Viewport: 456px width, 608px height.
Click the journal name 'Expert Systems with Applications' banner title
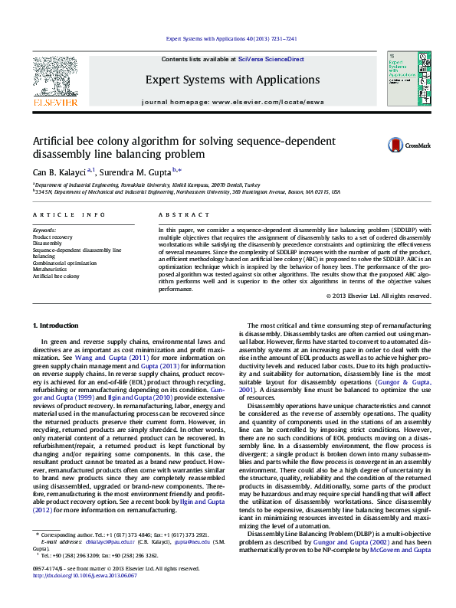click(x=232, y=80)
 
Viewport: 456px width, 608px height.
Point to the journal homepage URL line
click(x=232, y=101)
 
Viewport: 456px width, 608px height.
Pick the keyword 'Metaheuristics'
click(x=51, y=270)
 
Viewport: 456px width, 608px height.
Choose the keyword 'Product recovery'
click(x=52, y=237)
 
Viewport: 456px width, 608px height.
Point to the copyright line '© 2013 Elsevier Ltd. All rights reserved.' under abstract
click(x=367, y=296)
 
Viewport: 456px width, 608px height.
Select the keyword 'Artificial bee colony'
click(x=55, y=276)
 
